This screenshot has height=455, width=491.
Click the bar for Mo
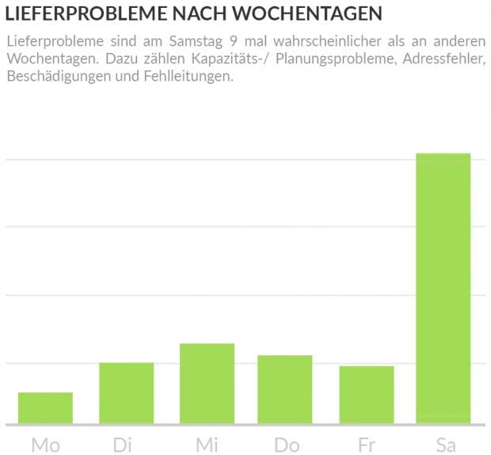(x=45, y=408)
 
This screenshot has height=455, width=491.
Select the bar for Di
(x=126, y=392)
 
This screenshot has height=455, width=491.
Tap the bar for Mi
(x=207, y=383)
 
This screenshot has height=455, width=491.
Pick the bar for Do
(x=284, y=389)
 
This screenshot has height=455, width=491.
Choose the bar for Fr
(x=366, y=394)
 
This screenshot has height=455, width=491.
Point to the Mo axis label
(x=45, y=445)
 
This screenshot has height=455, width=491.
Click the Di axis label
(x=122, y=445)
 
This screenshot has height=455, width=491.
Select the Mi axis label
(x=207, y=445)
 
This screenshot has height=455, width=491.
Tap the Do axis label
(x=287, y=445)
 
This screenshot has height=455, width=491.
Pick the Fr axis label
(x=367, y=445)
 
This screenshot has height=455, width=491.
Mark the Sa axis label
(x=446, y=445)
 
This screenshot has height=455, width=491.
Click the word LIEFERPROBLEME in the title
(x=79, y=14)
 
